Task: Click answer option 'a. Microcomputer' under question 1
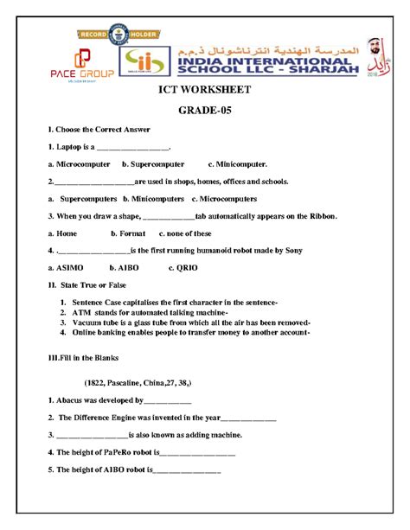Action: coord(79,163)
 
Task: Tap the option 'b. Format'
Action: coord(128,233)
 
